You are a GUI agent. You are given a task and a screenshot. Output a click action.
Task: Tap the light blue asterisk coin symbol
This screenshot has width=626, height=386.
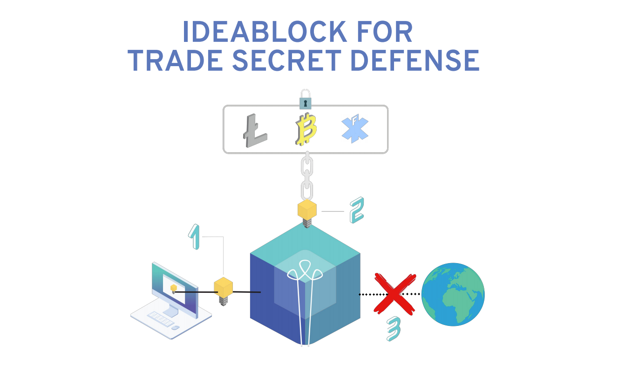click(355, 129)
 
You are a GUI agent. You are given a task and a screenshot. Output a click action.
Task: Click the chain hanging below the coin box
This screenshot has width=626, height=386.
click(306, 177)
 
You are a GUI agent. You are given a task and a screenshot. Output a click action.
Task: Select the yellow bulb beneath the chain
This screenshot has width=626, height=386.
click(307, 210)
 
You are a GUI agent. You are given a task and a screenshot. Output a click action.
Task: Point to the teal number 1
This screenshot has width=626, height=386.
click(195, 236)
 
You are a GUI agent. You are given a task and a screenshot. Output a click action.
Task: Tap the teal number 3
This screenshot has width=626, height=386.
click(394, 330)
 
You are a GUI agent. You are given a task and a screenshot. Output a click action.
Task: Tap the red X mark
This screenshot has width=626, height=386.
click(395, 293)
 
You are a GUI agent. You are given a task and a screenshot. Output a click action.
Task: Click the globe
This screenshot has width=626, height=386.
click(453, 294)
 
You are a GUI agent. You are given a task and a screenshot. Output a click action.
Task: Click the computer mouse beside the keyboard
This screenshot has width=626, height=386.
click(175, 328)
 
